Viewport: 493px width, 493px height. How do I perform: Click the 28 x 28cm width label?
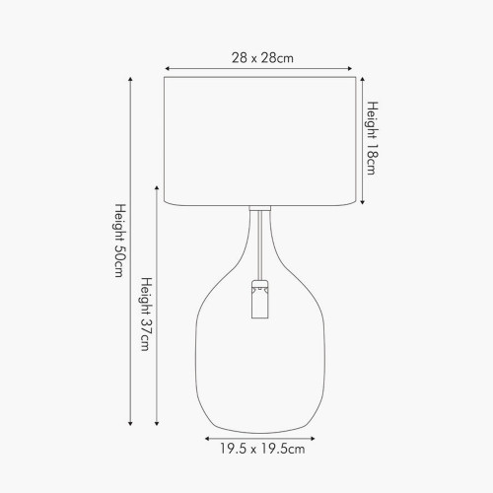pos(260,58)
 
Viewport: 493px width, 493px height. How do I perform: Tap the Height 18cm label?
pos(373,137)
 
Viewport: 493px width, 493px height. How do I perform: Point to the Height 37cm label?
pos(145,314)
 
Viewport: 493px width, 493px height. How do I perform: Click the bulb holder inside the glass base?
pos(259,300)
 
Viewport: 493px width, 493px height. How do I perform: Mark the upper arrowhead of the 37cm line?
pos(158,185)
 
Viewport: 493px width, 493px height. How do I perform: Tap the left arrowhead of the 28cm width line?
pos(167,69)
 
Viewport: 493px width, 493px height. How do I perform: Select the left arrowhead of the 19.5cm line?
pos(206,437)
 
